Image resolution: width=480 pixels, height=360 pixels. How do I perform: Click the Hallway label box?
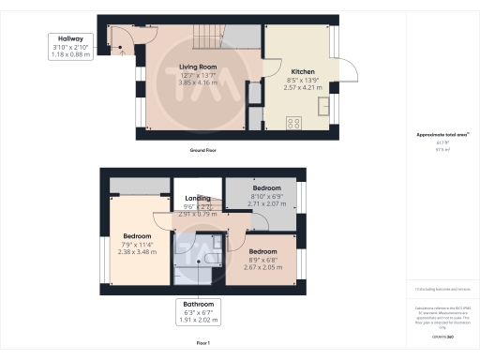pos(70,48)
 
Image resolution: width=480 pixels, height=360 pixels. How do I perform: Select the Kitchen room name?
pos(303,71)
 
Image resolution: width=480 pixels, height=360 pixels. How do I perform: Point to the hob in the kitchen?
pos(292,121)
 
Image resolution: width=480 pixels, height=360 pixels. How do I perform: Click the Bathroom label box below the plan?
pos(197,312)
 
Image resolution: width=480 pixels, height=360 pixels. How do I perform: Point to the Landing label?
pos(197,198)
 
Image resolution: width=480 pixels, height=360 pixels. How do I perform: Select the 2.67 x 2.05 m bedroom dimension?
pos(262,267)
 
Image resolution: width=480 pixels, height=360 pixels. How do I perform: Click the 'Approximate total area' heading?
pos(442,135)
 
